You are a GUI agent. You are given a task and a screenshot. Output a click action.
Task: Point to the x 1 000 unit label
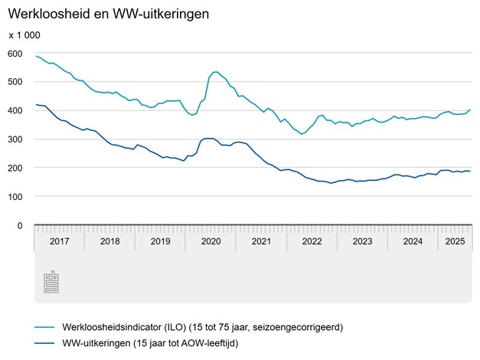24,35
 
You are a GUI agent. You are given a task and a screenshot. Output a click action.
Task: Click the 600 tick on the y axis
15,53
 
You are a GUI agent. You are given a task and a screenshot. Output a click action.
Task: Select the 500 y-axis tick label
15,81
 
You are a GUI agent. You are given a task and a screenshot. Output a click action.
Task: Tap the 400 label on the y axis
15,110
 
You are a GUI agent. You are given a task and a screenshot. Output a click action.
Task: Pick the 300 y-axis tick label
15,139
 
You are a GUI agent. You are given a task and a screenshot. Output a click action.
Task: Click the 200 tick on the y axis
15,168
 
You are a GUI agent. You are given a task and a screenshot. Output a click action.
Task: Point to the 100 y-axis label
15,197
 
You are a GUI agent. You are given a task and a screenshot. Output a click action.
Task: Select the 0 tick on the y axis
21,226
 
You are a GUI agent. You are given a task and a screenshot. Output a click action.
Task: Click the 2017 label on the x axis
59,241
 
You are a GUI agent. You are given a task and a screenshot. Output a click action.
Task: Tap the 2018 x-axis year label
109,241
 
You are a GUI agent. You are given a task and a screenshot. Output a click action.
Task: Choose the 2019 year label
160,241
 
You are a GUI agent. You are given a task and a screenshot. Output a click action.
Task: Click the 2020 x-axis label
211,241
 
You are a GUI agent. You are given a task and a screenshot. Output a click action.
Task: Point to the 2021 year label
261,241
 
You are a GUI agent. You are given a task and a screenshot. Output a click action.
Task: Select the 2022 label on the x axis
312,241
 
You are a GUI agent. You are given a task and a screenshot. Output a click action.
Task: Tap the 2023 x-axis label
362,241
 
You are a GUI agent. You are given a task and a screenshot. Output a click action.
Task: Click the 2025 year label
456,241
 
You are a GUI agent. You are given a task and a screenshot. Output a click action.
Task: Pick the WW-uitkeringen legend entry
154,343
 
